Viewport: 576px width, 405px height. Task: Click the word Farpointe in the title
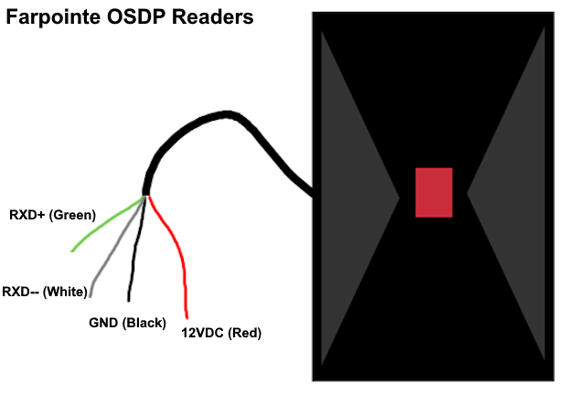53,17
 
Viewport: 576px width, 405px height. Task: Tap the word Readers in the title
213,16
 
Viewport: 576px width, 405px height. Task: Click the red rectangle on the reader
434,192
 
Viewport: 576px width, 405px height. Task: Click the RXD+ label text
27,215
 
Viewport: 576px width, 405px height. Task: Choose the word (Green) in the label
72,215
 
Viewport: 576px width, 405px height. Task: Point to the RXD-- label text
20,292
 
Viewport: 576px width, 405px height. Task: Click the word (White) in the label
66,293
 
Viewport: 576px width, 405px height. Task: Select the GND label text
103,323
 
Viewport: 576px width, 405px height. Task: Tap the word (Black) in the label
144,323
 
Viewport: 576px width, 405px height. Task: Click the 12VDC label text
202,333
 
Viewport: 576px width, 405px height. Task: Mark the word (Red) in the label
245,334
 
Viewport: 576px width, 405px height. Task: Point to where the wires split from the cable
146,196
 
